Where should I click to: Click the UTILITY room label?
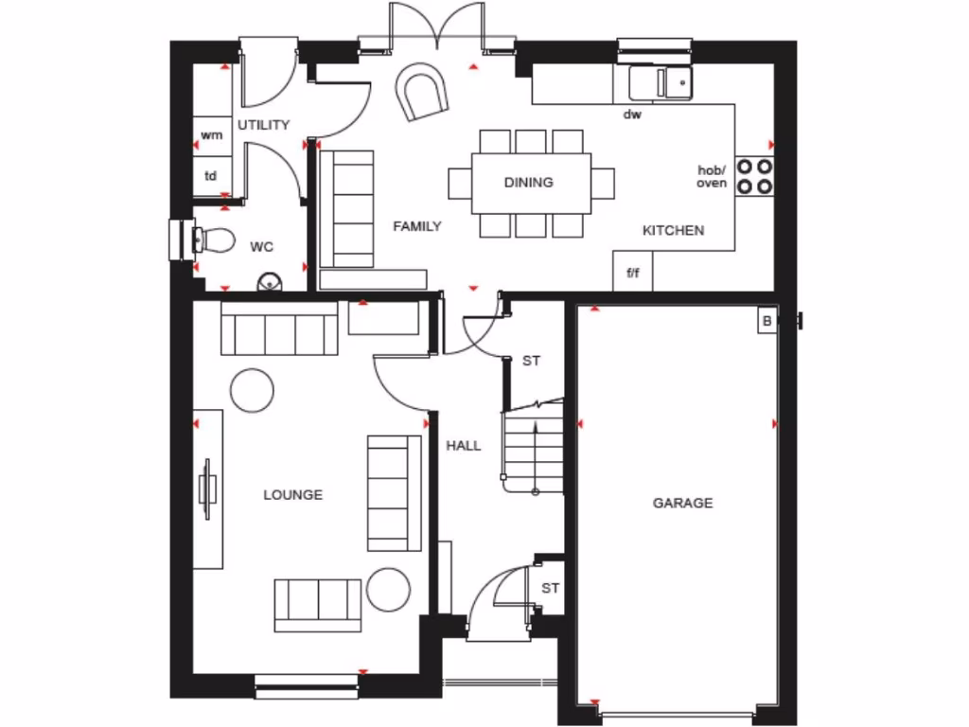tap(263, 125)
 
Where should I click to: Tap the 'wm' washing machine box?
tap(212, 135)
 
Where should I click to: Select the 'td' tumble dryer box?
tap(211, 176)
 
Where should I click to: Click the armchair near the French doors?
tap(423, 93)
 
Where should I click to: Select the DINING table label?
tap(528, 182)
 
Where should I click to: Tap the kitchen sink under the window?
tap(660, 83)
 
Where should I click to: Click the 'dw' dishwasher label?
tap(632, 115)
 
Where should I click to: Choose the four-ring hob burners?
tap(753, 176)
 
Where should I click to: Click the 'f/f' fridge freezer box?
tap(632, 273)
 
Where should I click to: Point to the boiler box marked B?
tap(766, 322)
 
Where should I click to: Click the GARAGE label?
tap(682, 503)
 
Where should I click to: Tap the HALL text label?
tap(464, 445)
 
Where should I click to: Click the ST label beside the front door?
tap(551, 588)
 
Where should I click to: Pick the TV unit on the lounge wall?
tap(208, 488)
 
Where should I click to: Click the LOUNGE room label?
tap(292, 494)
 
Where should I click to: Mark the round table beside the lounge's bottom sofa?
tap(388, 589)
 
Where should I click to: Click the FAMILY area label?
tap(417, 226)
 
